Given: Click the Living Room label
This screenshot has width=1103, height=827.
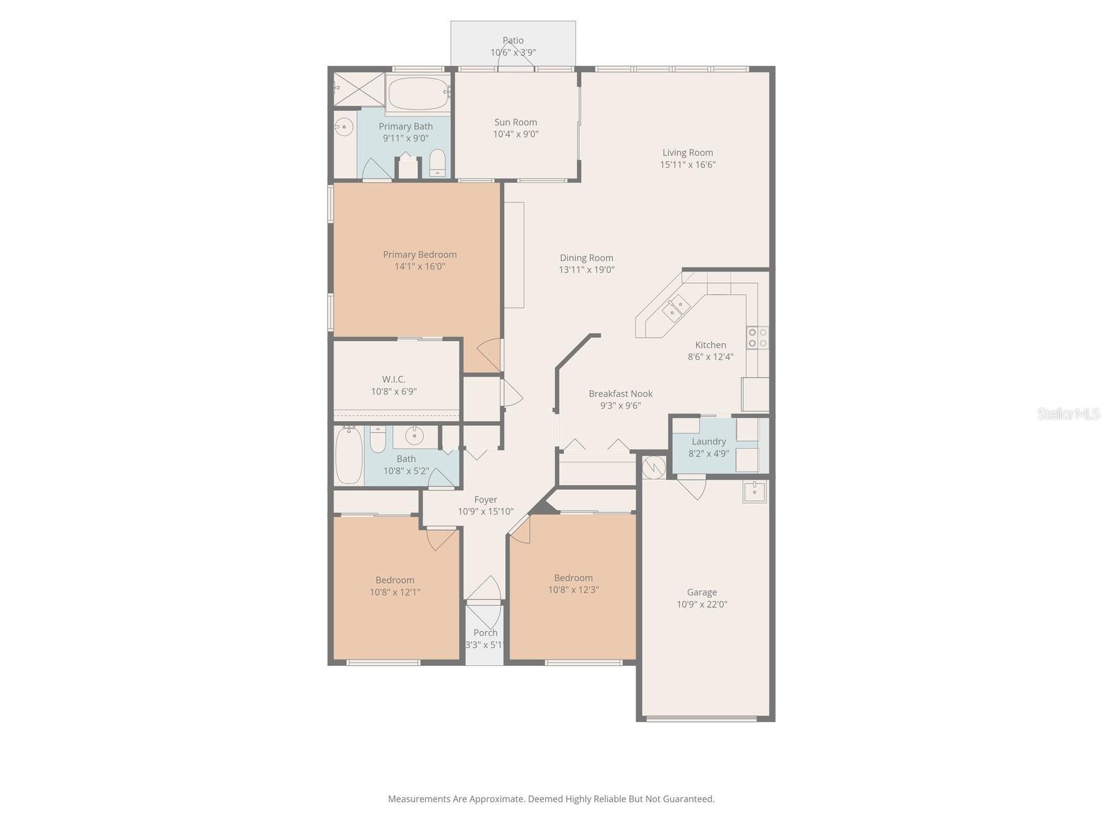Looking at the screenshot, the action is click(687, 152).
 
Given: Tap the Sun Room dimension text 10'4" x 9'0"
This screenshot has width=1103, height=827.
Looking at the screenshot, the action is click(516, 134).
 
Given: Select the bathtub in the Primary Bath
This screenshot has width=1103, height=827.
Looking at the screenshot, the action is click(418, 94).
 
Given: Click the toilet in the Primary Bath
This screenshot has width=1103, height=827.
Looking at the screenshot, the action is click(438, 162).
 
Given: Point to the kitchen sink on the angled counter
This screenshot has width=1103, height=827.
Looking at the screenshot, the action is click(675, 307).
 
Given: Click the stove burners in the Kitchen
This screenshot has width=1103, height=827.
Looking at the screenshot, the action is click(757, 338).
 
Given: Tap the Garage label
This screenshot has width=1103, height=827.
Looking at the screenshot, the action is click(702, 593).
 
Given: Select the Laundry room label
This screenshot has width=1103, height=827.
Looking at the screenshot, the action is click(709, 441).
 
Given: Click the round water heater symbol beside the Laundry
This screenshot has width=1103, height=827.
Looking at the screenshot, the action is click(654, 467).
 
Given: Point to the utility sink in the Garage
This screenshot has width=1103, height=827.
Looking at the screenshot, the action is click(755, 491).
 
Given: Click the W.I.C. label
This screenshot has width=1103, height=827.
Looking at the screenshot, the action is click(394, 380).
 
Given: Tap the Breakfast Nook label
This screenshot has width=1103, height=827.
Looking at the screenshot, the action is click(620, 394).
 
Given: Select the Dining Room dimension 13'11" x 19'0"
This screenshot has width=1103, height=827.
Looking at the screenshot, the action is click(587, 269).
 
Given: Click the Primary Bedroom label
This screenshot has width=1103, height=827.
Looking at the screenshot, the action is click(420, 254).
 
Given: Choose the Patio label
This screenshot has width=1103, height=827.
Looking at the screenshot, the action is click(513, 40).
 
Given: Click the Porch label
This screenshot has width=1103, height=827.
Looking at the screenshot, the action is click(485, 633).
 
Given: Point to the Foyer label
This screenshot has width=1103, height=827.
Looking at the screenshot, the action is click(485, 500).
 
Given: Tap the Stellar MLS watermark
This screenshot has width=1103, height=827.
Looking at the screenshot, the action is click(1069, 413).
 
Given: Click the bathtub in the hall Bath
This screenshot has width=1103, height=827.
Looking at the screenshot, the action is click(349, 455).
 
